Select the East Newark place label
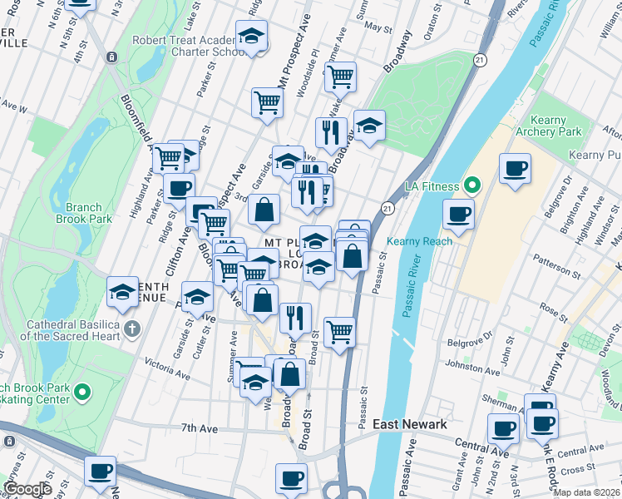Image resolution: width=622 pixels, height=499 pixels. click(410, 424)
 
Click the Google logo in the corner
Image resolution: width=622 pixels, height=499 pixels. click(27, 488)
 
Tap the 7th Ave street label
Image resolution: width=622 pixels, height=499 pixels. click(199, 427)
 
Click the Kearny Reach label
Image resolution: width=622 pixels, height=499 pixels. click(419, 241)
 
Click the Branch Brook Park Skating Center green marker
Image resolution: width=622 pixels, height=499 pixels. click(82, 392)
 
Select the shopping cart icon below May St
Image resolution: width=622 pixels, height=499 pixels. click(339, 77)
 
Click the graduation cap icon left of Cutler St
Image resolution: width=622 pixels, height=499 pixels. click(198, 297)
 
